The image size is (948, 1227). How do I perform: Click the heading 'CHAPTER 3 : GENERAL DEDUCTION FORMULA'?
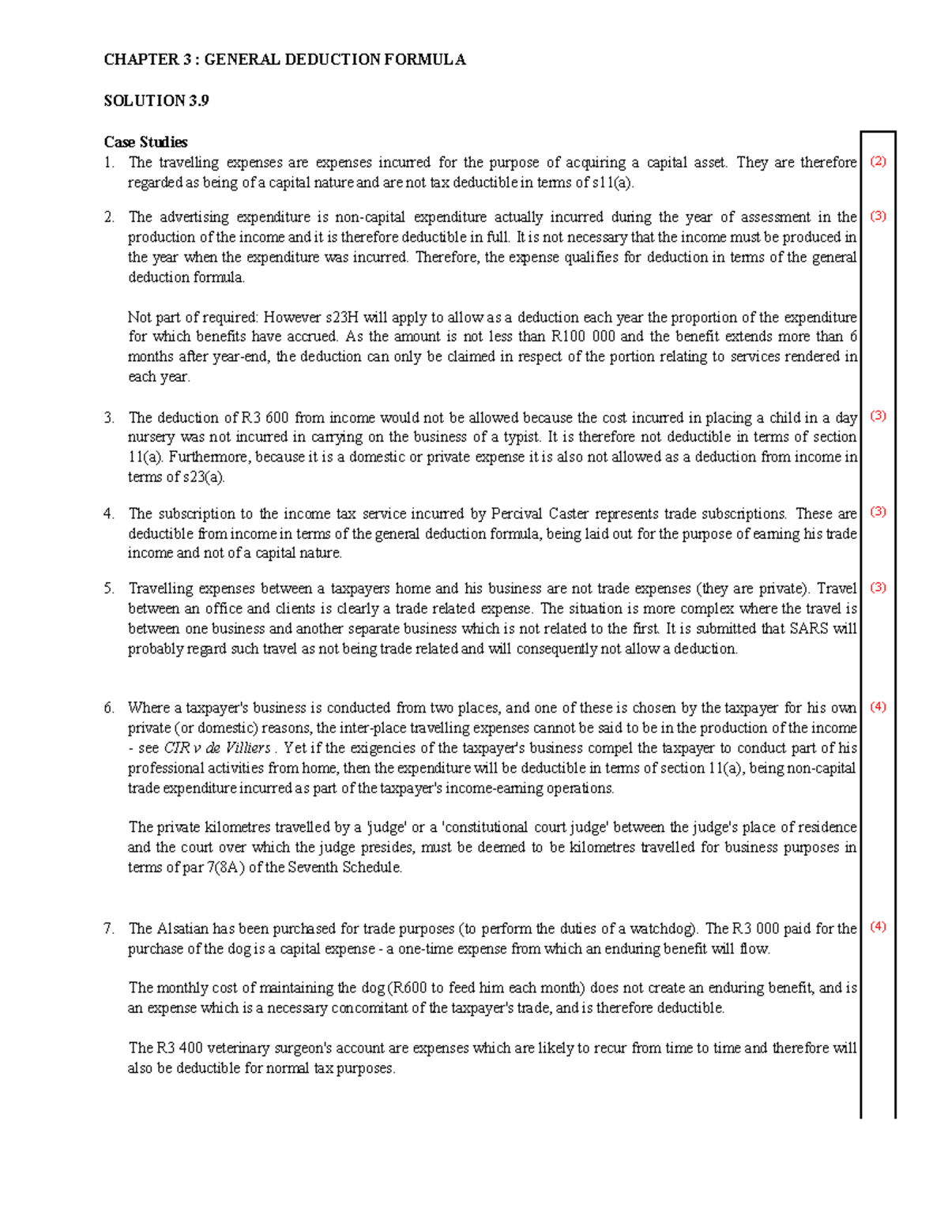[284, 59]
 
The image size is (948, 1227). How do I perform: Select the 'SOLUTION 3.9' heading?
[156, 100]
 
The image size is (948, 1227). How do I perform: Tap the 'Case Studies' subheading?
[145, 142]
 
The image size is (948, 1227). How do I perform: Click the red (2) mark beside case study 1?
[878, 162]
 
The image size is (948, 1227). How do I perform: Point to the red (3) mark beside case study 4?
[878, 512]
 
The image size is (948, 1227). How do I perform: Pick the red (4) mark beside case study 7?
[878, 927]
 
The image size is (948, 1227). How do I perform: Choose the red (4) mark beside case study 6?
[878, 707]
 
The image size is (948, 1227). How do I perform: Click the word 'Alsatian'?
[182, 928]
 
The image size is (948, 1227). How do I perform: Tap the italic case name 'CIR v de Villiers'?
[216, 748]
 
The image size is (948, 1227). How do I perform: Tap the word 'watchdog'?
[664, 928]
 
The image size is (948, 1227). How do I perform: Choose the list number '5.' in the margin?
[109, 589]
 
